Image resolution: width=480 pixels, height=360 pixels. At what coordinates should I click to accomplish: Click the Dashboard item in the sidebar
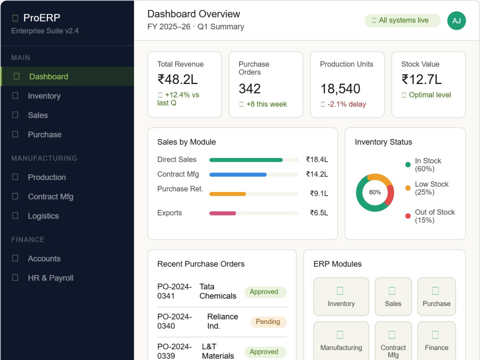67,76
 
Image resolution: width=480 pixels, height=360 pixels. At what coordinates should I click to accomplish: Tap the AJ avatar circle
456,21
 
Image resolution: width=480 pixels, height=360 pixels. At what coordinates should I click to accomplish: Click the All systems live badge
402,21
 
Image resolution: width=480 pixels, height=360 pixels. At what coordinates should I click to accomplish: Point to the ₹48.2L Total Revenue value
178,80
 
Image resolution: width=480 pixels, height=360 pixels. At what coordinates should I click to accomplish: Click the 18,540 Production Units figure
340,89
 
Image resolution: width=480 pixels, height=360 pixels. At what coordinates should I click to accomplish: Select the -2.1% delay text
347,104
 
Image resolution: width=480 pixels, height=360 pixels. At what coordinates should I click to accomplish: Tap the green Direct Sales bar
246,160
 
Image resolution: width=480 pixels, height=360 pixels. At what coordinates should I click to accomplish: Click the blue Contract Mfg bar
238,175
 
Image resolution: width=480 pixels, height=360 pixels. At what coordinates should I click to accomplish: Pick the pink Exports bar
223,214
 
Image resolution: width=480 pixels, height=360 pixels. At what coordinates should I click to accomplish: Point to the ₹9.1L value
319,193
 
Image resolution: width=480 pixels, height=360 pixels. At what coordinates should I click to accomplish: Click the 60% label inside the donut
375,192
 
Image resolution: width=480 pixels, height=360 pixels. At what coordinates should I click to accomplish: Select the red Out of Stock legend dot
408,216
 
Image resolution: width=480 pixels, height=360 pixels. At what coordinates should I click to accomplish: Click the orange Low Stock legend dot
408,188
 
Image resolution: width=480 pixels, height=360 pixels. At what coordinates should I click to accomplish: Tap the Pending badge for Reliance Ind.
268,322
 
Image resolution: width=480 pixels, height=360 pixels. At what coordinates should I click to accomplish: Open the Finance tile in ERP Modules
436,341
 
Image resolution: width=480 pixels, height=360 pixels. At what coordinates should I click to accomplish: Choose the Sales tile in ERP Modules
393,297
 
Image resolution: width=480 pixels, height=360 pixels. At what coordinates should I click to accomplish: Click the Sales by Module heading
186,142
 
